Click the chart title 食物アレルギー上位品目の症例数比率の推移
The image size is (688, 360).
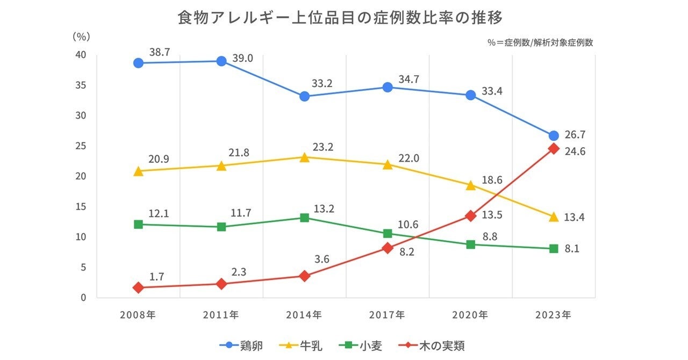pyautogui.click(x=340, y=18)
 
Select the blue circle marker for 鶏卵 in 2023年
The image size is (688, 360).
pyautogui.click(x=554, y=136)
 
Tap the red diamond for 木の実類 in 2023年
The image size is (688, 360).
pyautogui.click(x=554, y=149)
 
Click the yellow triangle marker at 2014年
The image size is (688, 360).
pyautogui.click(x=304, y=157)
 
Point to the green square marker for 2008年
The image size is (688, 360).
pyautogui.click(x=138, y=224)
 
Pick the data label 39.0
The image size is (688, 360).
pyautogui.click(x=242, y=58)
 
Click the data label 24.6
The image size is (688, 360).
pyautogui.click(x=575, y=152)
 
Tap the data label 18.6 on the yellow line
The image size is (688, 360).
pyautogui.click(x=492, y=180)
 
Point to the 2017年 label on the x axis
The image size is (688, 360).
pyautogui.click(x=388, y=315)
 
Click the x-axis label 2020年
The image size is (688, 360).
pyautogui.click(x=470, y=315)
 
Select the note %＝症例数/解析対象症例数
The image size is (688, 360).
pyautogui.click(x=540, y=43)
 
